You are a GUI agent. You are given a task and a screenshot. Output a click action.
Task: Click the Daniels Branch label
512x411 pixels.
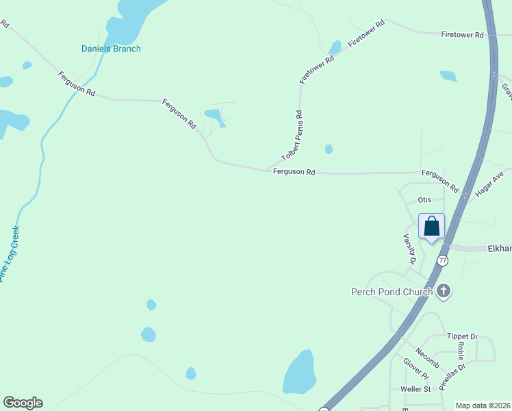point(111,49)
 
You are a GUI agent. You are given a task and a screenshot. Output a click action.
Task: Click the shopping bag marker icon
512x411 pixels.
point(432,226)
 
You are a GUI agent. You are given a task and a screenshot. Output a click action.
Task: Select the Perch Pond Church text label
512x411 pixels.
point(392,292)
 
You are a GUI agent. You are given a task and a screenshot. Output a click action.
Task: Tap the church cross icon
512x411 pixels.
point(444,291)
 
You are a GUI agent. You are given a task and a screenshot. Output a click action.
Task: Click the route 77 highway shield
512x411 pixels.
point(443,260)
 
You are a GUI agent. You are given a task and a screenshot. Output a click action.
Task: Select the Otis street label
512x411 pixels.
point(424,199)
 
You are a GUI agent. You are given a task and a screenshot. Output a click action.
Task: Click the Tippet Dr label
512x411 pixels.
point(461,336)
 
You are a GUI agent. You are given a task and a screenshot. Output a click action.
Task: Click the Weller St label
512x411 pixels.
point(415,389)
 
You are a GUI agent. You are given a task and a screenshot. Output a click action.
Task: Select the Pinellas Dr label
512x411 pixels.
point(452,376)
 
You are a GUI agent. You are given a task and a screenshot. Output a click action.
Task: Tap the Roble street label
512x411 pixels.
point(461,351)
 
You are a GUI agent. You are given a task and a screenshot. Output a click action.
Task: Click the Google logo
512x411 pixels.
point(23,403)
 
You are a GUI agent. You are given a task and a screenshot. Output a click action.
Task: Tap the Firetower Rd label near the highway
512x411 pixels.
point(463,34)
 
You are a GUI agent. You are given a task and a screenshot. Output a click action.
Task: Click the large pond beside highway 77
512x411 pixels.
point(299,373)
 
